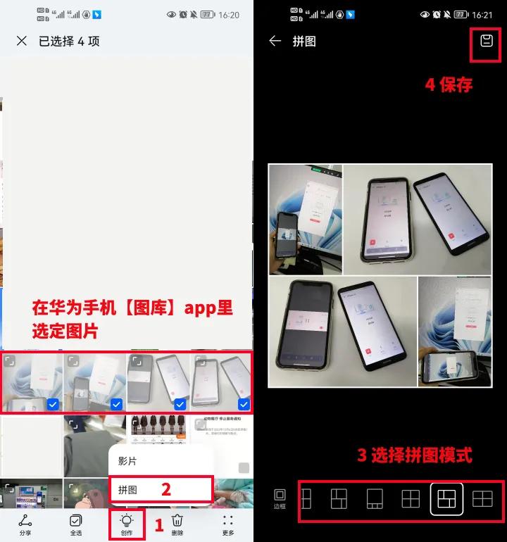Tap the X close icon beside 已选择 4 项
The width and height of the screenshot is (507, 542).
pyautogui.click(x=22, y=41)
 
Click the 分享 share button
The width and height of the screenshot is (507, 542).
pyautogui.click(x=25, y=524)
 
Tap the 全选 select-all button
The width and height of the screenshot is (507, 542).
pyautogui.click(x=76, y=524)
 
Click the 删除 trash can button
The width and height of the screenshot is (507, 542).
pyautogui.click(x=177, y=524)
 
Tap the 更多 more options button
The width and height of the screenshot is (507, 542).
pyautogui.click(x=228, y=524)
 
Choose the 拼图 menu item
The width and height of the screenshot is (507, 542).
pyautogui.click(x=128, y=489)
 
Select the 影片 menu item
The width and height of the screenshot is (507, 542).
pyautogui.click(x=128, y=461)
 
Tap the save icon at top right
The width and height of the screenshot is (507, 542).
pyautogui.click(x=486, y=41)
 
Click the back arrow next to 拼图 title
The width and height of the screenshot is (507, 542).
pyautogui.click(x=275, y=41)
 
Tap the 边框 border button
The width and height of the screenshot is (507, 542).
pyautogui.click(x=280, y=499)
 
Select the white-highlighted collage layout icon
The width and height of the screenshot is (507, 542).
pyautogui.click(x=446, y=499)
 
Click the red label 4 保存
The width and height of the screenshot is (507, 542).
pyautogui.click(x=449, y=84)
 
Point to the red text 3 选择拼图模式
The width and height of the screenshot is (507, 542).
pyautogui.click(x=414, y=455)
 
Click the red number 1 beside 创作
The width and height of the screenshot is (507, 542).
pyautogui.click(x=159, y=524)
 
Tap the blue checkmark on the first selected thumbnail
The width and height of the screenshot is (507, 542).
pyautogui.click(x=53, y=404)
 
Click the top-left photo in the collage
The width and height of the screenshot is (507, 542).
pyautogui.click(x=305, y=220)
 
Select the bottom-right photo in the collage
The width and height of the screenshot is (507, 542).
pyautogui.click(x=455, y=331)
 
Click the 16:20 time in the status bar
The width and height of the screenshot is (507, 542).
pyautogui.click(x=229, y=15)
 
